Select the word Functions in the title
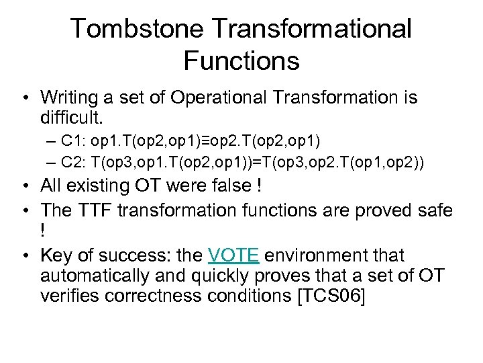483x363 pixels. click(x=241, y=61)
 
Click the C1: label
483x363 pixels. click(x=73, y=141)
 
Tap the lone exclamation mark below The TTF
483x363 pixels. click(x=44, y=231)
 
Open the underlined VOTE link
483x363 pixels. click(x=233, y=255)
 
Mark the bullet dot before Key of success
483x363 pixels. click(x=24, y=256)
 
